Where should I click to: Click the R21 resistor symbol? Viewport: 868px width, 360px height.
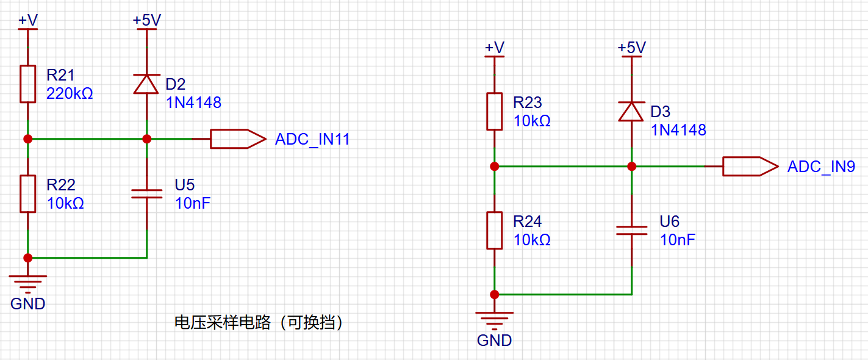(28, 84)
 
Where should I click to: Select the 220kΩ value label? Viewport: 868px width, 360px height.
(70, 93)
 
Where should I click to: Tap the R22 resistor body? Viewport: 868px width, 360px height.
(28, 194)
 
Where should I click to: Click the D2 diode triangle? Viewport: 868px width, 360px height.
(146, 84)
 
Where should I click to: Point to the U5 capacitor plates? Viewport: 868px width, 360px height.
(147, 194)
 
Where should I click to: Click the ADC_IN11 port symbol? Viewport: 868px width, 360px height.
(239, 139)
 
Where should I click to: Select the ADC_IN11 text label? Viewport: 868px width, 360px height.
(312, 139)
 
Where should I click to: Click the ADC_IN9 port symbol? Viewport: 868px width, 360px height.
(751, 166)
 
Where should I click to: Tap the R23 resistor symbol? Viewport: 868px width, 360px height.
(495, 112)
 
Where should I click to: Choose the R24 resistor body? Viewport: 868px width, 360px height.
(495, 231)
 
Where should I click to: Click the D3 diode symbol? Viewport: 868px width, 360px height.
(631, 112)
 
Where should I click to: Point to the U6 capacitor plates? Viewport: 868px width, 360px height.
(631, 231)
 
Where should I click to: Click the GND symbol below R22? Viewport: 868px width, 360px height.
(28, 284)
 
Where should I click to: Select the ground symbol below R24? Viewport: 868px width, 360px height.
(495, 320)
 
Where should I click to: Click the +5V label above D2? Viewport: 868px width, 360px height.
(147, 20)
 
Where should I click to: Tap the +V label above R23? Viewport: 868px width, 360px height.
(495, 48)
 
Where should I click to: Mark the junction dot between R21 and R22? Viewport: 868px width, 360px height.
(28, 139)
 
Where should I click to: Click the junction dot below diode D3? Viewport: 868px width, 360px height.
(631, 166)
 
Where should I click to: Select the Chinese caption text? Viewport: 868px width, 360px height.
(259, 322)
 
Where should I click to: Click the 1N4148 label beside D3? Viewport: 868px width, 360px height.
(678, 130)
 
